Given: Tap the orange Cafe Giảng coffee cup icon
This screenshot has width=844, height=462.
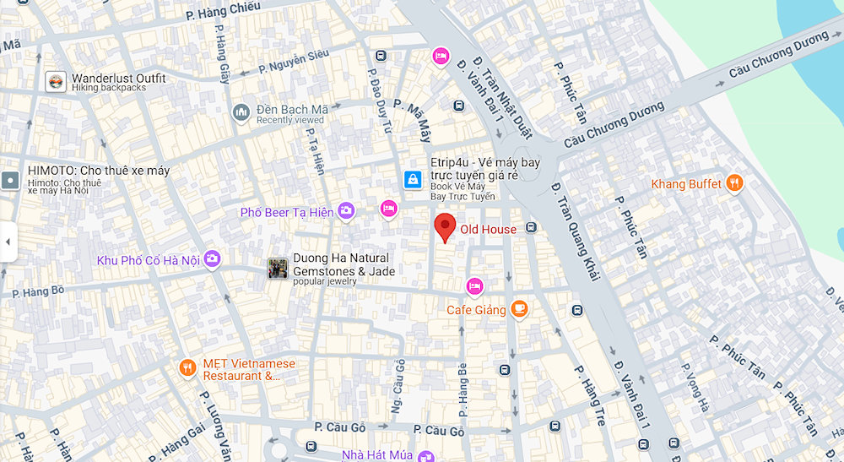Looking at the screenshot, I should [x=520, y=310].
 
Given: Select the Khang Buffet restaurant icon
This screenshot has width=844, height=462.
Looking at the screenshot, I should [x=735, y=184].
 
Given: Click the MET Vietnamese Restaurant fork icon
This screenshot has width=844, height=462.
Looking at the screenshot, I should [x=187, y=367].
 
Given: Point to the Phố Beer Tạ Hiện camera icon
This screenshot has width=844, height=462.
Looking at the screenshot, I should [x=346, y=211].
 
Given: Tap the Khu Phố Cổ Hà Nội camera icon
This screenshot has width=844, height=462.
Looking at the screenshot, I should [x=212, y=259].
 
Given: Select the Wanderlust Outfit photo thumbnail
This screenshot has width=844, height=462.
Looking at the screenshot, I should [x=56, y=82].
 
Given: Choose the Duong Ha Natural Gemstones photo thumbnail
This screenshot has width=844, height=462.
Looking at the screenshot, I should [x=278, y=269].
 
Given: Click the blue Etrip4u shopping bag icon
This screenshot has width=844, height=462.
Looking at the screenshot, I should [x=413, y=180].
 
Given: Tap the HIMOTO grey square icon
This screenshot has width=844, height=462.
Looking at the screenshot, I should [x=10, y=179].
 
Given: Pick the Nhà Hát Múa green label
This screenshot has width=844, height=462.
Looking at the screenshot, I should [x=377, y=455].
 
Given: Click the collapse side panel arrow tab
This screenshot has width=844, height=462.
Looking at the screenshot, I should [x=8, y=242].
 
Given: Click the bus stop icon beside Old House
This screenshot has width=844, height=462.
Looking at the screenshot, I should [x=531, y=227].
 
